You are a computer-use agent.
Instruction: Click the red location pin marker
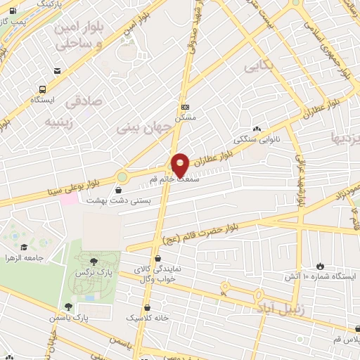click(x=180, y=165)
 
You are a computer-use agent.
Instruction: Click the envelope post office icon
click(x=56, y=70)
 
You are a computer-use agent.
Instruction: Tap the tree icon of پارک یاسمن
click(x=68, y=306)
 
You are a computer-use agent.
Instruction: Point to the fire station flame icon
click(x=321, y=266)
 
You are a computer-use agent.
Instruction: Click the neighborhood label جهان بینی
click(x=143, y=129)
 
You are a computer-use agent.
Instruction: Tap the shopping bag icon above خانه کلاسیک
click(x=147, y=308)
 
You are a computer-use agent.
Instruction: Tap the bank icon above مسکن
click(x=185, y=107)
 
